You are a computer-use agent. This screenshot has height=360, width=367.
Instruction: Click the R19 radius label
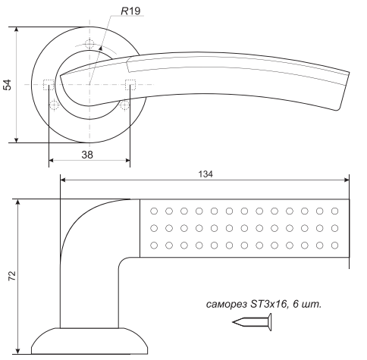[130, 11]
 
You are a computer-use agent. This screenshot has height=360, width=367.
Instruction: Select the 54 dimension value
[8, 85]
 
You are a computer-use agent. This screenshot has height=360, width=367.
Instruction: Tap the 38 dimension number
[87, 155]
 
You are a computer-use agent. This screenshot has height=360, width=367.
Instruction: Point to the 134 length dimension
[205, 174]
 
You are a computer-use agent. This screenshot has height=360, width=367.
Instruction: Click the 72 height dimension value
[12, 276]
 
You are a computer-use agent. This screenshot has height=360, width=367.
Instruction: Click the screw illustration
[253, 322]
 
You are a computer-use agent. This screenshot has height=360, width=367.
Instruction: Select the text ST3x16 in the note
[268, 304]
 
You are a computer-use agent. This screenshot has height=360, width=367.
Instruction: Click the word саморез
[227, 305]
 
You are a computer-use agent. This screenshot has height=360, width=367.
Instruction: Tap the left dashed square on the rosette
[49, 85]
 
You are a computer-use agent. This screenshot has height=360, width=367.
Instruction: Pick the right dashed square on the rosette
[130, 85]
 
